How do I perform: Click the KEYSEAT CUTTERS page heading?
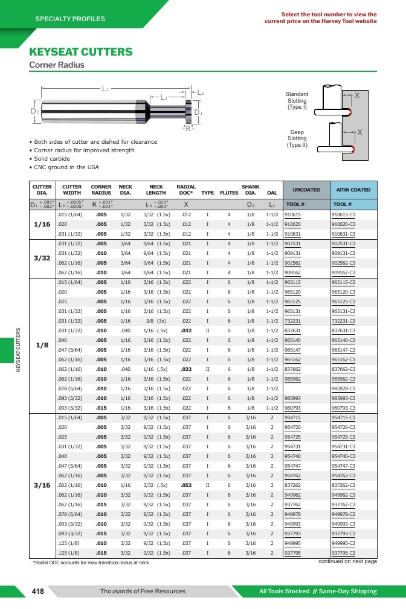(81, 52)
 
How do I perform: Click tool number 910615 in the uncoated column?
(292, 214)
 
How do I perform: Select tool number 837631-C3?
(343, 330)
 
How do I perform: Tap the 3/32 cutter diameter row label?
(42, 258)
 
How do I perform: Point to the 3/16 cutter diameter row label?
(42, 485)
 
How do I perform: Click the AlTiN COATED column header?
(353, 190)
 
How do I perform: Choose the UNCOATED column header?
(306, 190)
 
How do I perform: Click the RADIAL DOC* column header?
(186, 190)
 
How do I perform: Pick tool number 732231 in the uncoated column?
(292, 321)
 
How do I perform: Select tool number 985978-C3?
(343, 388)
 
